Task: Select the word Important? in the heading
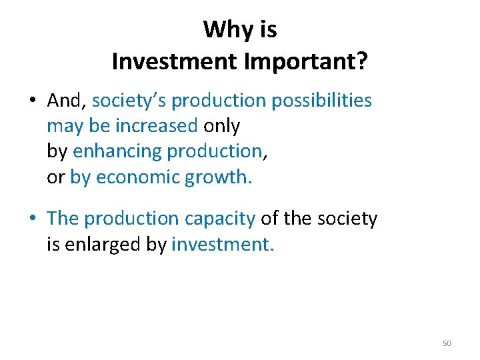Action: point(307,62)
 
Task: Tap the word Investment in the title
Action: point(175,62)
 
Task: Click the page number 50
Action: point(447,343)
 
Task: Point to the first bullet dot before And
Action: point(32,101)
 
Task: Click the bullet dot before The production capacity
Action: point(32,219)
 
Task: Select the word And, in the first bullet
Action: point(67,101)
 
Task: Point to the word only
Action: point(222,126)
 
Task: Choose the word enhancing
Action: point(117,151)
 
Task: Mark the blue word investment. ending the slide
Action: point(223,244)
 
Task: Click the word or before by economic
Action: point(55,177)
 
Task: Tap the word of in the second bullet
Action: point(269,219)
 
